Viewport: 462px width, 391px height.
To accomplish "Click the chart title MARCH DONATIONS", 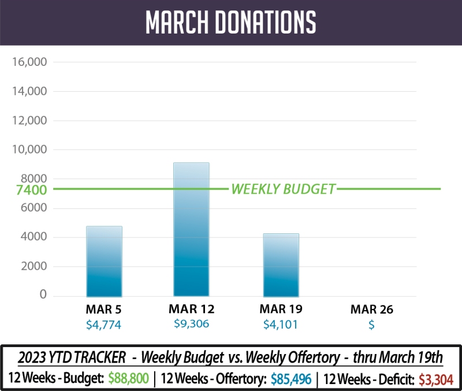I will point(231,22).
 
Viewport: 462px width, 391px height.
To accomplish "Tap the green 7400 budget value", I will point(28,190).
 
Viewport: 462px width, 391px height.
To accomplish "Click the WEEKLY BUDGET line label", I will point(283,189).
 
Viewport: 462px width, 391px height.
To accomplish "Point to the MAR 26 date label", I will point(371,310).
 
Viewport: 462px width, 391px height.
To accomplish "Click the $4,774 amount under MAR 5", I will point(104,325).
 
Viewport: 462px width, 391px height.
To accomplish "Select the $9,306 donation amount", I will point(191,324).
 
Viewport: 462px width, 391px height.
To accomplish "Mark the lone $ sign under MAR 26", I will point(371,325).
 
